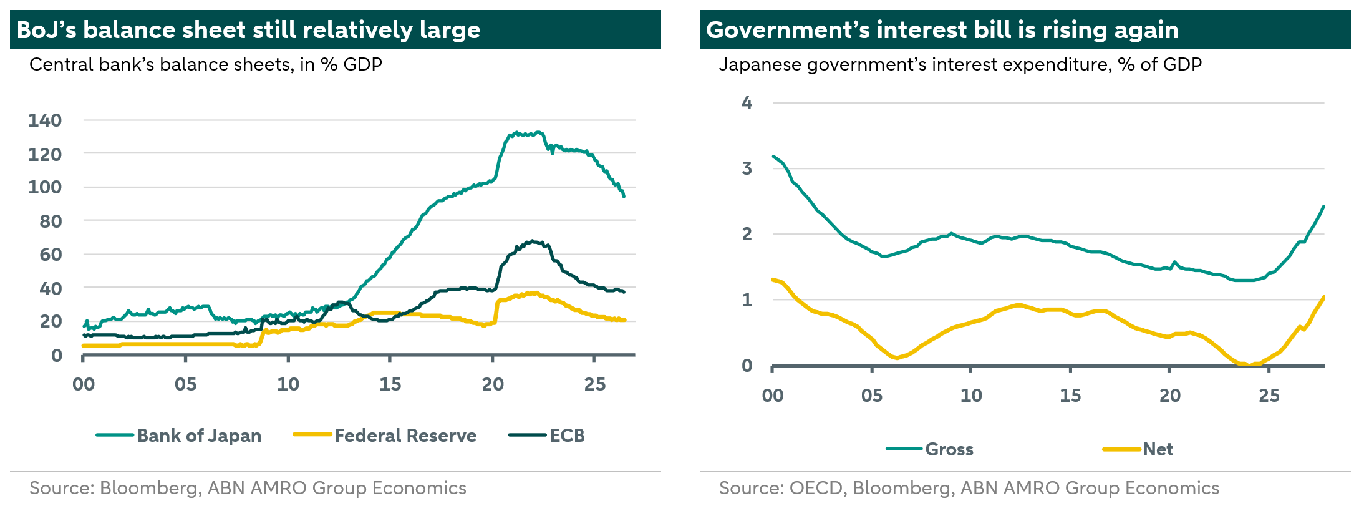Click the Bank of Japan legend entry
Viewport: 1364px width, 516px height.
(178, 436)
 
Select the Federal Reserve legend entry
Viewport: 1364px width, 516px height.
(385, 436)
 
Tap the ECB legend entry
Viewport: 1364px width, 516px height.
(546, 436)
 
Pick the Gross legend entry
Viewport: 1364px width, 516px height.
(929, 449)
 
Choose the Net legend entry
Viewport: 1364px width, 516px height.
(1138, 449)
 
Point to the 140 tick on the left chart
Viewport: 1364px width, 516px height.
(45, 120)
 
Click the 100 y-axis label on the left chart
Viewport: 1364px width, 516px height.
(45, 187)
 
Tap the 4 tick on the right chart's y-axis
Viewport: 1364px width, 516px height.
(747, 103)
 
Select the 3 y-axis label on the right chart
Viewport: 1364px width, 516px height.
(747, 168)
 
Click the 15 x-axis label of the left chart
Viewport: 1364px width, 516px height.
(390, 384)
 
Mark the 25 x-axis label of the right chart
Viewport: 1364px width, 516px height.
(1269, 396)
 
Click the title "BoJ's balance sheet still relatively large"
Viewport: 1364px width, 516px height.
(248, 30)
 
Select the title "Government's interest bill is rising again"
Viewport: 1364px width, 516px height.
(942, 30)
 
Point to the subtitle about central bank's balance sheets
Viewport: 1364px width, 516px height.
(206, 65)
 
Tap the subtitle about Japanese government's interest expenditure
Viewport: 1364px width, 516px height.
(960, 65)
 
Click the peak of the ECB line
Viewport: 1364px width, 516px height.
(531, 241)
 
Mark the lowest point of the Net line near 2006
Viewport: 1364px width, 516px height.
(897, 358)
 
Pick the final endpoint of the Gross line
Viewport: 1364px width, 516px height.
(1323, 207)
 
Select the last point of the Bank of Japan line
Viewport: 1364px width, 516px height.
(624, 196)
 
